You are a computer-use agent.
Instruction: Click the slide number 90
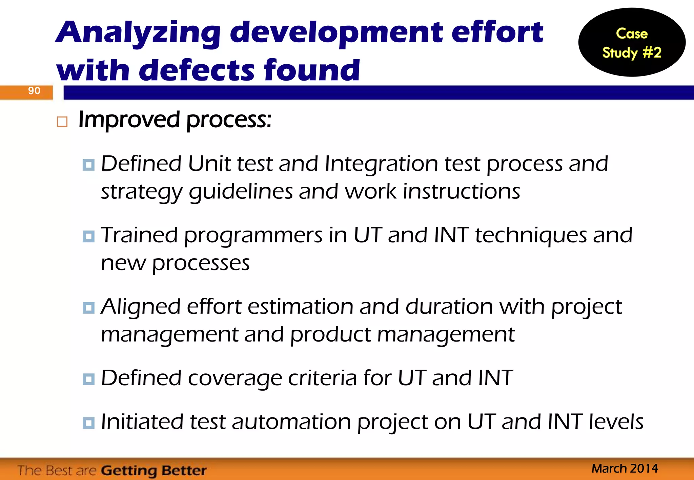[x=34, y=91]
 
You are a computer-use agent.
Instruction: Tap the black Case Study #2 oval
[x=632, y=43]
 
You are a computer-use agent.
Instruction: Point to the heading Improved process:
[x=175, y=120]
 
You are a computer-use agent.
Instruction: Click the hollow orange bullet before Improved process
[x=62, y=122]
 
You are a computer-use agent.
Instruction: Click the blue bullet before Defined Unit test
[x=88, y=165]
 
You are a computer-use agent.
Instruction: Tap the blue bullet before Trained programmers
[x=88, y=236]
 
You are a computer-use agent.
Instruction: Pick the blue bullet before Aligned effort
[x=88, y=308]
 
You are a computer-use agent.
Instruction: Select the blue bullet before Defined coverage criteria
[x=88, y=379]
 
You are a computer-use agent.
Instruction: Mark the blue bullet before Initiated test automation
[x=88, y=423]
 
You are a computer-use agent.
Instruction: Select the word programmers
[x=253, y=236]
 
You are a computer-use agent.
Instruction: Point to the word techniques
[x=531, y=236]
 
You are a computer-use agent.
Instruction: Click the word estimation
[x=300, y=307]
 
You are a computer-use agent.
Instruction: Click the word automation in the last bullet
[x=291, y=422]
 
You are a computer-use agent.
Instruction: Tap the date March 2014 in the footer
[x=625, y=468]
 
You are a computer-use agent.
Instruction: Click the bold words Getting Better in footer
[x=154, y=471]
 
